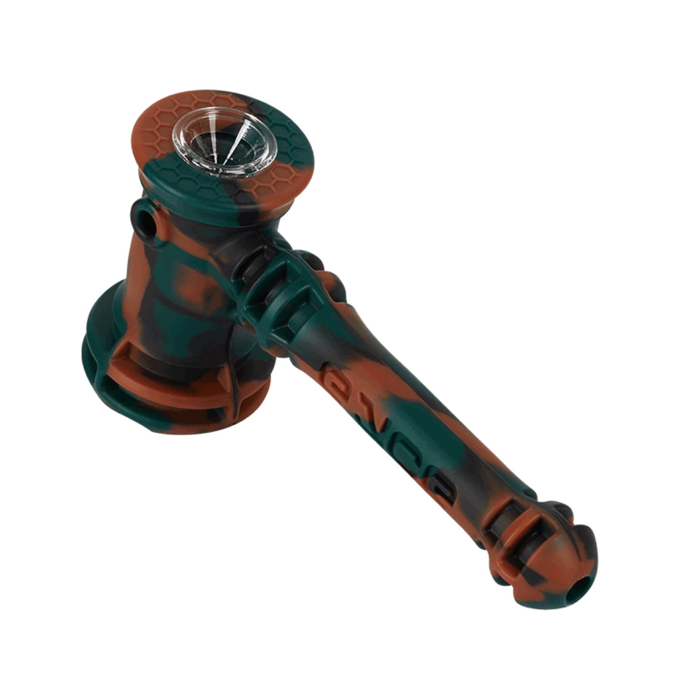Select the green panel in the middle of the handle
(414, 414)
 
